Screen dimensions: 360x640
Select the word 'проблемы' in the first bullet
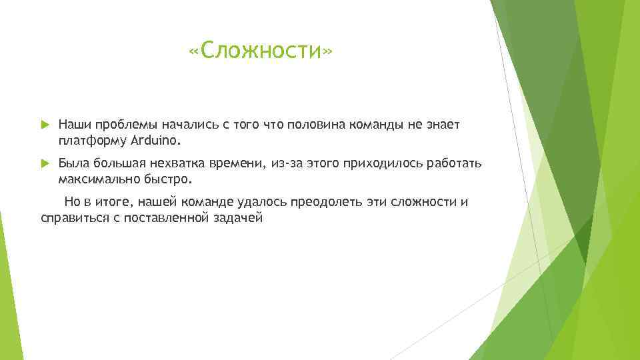123,125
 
